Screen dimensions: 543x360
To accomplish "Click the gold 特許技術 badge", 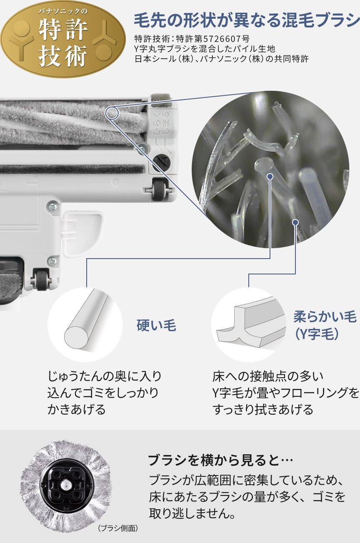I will click(x=63, y=40).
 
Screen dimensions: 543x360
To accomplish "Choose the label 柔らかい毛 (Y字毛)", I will click(x=325, y=325).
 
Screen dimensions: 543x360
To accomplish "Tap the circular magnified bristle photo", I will click(x=270, y=169).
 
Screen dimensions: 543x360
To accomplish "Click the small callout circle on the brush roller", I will click(x=112, y=113).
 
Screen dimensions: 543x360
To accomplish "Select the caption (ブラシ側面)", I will click(x=118, y=528).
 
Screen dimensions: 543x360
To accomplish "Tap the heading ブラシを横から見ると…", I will click(x=220, y=461).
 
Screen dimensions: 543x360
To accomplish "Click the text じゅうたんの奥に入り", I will click(x=105, y=376).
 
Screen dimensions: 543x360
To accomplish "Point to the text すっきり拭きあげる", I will click(x=263, y=410).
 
